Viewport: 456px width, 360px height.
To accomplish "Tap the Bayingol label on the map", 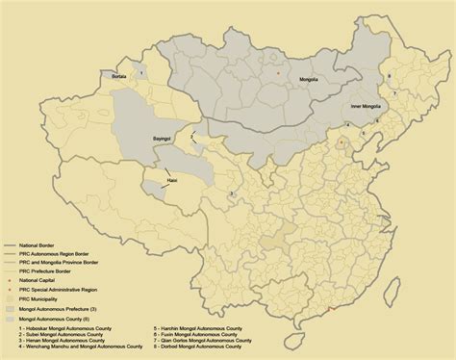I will (x=165, y=140).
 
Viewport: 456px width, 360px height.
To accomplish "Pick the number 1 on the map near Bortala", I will (x=141, y=71).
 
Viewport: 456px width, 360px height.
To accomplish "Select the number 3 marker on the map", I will (x=231, y=194).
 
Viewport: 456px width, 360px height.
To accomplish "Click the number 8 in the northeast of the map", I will (x=389, y=75).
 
